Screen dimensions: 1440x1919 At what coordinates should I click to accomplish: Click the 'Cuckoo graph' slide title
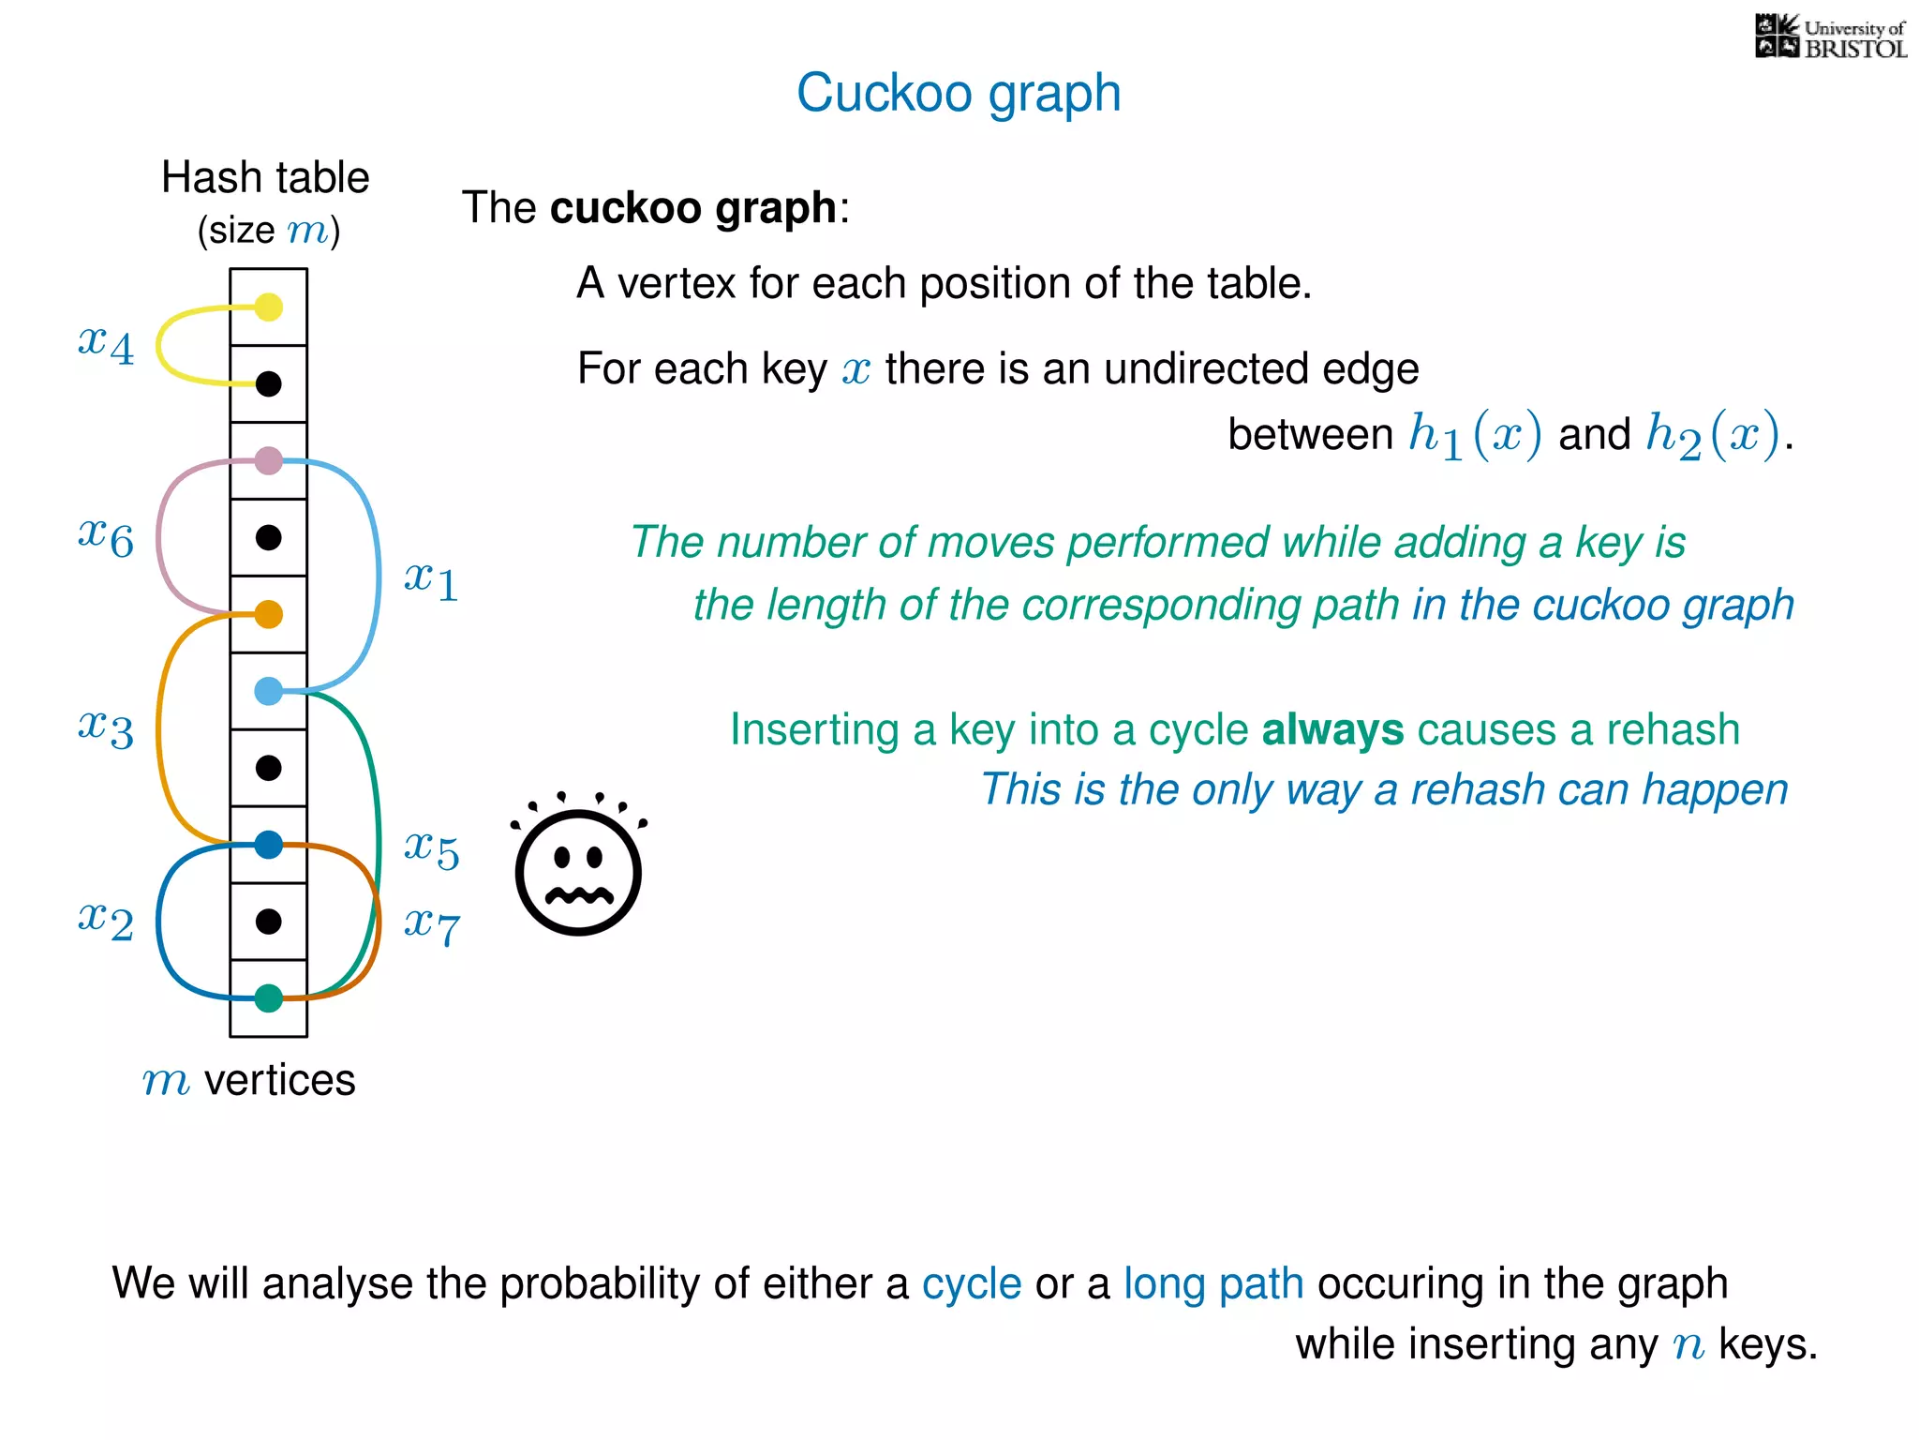point(959,93)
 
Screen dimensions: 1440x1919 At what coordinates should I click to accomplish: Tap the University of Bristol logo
point(1830,37)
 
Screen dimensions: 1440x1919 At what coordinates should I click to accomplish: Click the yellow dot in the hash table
point(269,307)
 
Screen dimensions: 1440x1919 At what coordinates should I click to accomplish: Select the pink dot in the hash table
point(269,460)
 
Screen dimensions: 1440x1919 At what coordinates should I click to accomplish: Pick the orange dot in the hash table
point(269,614)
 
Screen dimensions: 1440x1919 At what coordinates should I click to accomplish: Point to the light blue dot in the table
point(269,691)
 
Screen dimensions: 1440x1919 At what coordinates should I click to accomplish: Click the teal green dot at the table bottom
point(269,998)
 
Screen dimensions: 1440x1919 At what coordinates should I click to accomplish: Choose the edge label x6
point(106,537)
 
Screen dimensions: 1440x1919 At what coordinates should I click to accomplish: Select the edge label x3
point(106,728)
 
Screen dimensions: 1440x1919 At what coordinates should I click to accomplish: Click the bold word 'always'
point(1332,729)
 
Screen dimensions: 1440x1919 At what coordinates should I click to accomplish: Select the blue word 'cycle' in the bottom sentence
point(971,1283)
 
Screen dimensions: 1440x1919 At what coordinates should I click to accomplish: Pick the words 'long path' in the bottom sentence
point(1213,1283)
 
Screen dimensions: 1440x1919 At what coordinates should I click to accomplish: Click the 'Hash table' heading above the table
point(265,177)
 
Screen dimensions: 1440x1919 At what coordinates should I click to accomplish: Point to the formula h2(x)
point(1713,435)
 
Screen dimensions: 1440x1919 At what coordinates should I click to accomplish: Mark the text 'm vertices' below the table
point(248,1080)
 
